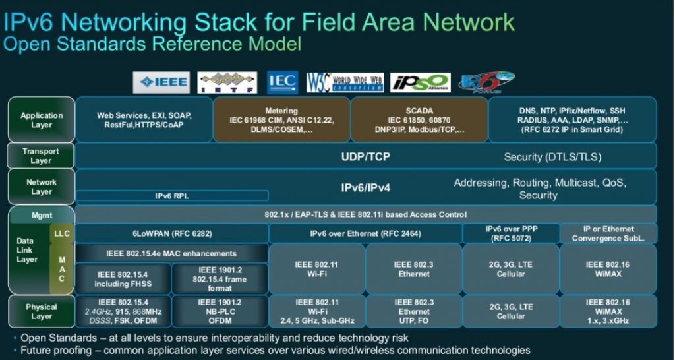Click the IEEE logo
click(x=161, y=83)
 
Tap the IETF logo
click(x=227, y=83)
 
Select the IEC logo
click(x=281, y=83)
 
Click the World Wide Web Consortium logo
click(x=345, y=83)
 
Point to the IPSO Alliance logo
click(x=420, y=83)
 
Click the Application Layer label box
click(x=41, y=120)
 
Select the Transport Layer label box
click(x=41, y=156)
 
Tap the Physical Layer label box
click(x=41, y=311)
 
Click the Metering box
click(x=281, y=120)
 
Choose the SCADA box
click(x=419, y=120)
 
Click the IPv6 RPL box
click(x=172, y=196)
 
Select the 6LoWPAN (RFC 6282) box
click(x=172, y=233)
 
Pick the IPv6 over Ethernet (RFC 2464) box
click(x=365, y=233)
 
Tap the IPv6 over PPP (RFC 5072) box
click(x=511, y=233)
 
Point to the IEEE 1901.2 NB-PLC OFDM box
click(x=220, y=311)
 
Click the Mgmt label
click(x=41, y=214)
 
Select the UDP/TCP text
click(x=366, y=157)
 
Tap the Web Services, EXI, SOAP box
click(x=144, y=120)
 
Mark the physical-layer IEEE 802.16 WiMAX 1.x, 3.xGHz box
click(x=608, y=311)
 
